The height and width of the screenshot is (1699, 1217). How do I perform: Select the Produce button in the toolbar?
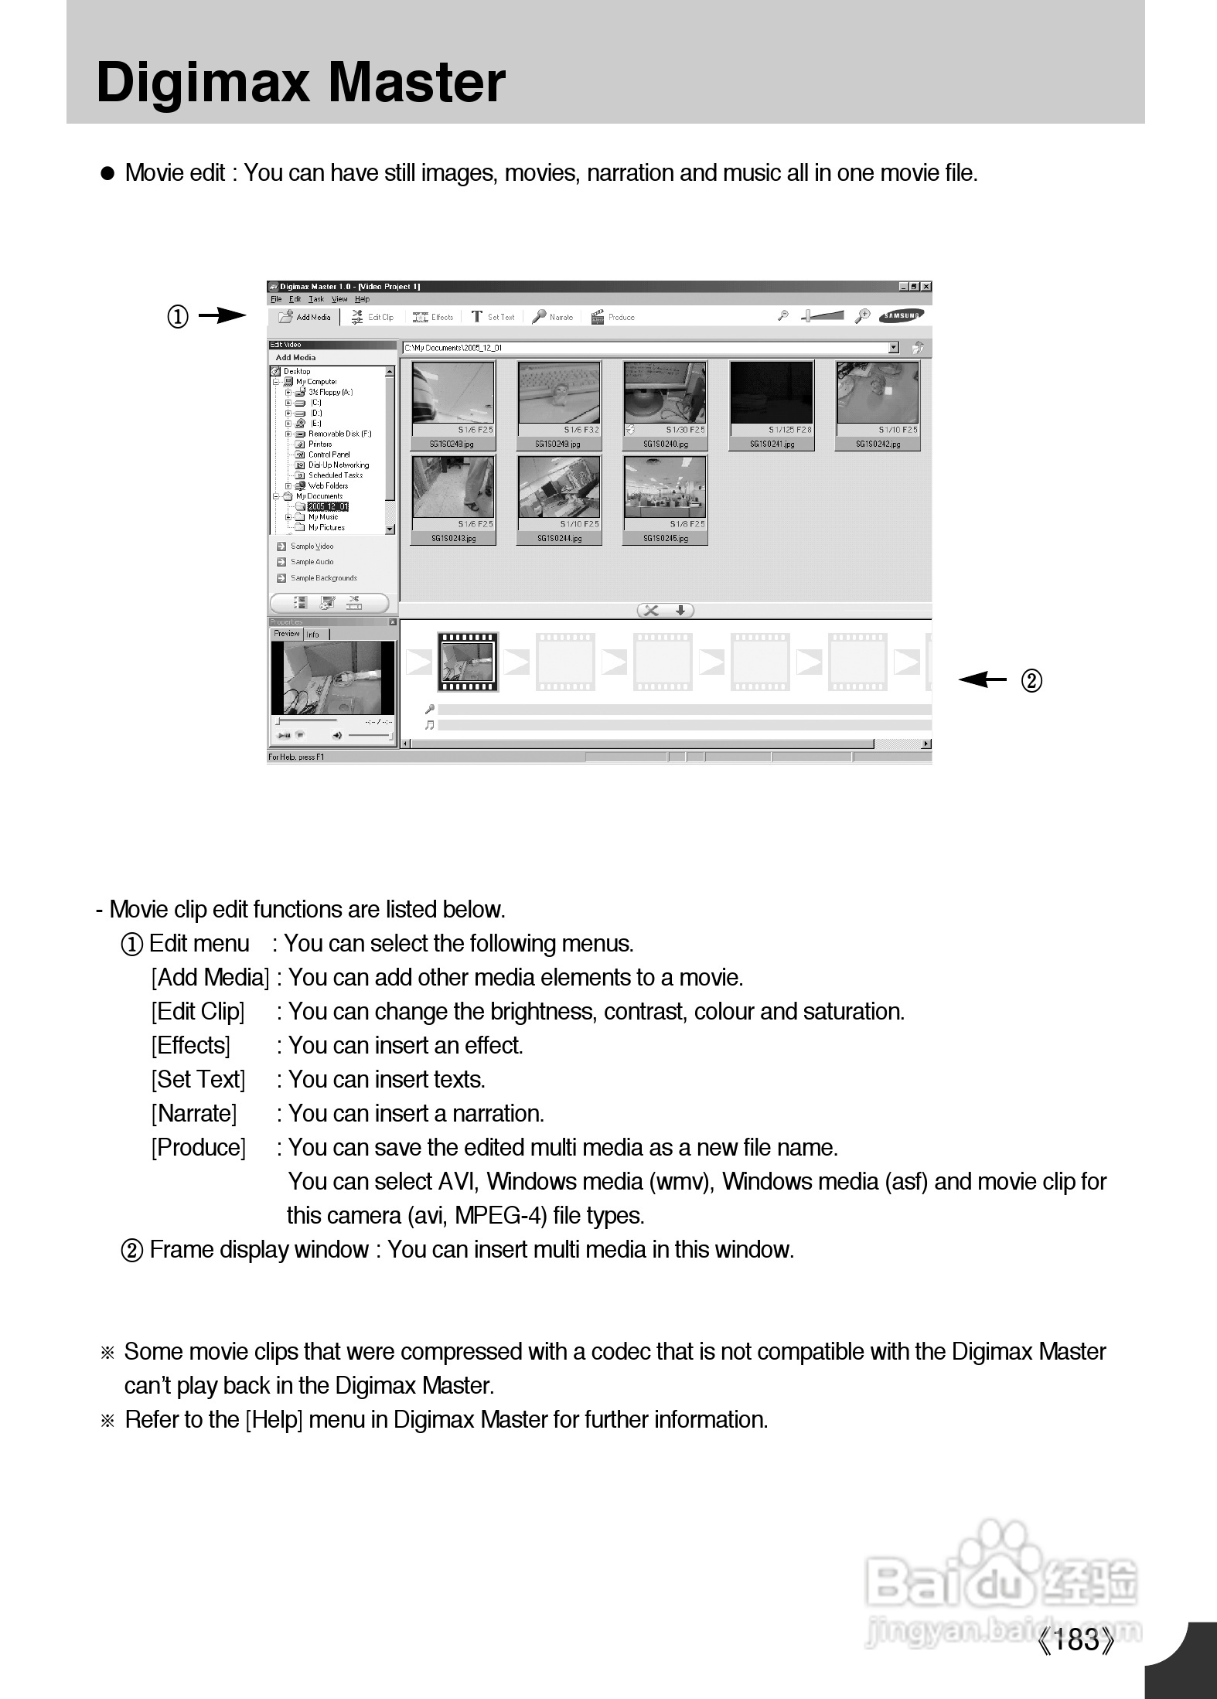pyautogui.click(x=613, y=317)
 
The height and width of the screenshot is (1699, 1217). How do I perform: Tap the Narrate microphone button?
pyautogui.click(x=553, y=317)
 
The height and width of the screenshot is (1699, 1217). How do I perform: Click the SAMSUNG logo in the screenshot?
pyautogui.click(x=901, y=315)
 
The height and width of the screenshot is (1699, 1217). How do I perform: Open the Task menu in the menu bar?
pyautogui.click(x=316, y=299)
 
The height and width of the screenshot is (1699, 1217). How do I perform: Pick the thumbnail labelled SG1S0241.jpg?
pyautogui.click(x=772, y=404)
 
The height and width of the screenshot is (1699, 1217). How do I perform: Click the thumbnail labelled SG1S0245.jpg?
pyautogui.click(x=665, y=499)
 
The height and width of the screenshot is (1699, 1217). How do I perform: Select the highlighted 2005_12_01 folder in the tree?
pyautogui.click(x=328, y=507)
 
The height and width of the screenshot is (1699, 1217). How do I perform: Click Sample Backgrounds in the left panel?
pyautogui.click(x=323, y=578)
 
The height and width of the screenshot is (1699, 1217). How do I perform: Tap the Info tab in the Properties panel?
pyautogui.click(x=313, y=635)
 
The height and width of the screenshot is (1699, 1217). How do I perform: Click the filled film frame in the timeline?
pyautogui.click(x=468, y=662)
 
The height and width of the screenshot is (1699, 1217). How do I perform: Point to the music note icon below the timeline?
pyautogui.click(x=430, y=725)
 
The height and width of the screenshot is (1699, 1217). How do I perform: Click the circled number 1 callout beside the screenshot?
pyautogui.click(x=178, y=317)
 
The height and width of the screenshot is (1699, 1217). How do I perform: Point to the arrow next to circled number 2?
pyautogui.click(x=982, y=680)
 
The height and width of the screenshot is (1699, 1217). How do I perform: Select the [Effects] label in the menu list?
pyautogui.click(x=190, y=1046)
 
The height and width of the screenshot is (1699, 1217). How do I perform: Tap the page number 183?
pyautogui.click(x=1076, y=1639)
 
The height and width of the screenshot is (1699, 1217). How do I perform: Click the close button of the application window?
pyautogui.click(x=926, y=287)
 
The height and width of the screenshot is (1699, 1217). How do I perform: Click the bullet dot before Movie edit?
pyautogui.click(x=108, y=174)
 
